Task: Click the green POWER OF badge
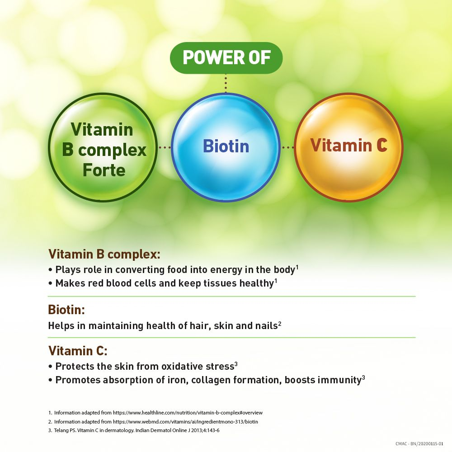pyautogui.click(x=226, y=58)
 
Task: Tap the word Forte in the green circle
pyautogui.click(x=104, y=170)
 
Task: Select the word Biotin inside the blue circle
pyautogui.click(x=226, y=146)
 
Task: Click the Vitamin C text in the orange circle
pyautogui.click(x=348, y=145)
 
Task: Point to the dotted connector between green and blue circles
pyautogui.click(x=165, y=147)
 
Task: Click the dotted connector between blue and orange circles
pyautogui.click(x=288, y=147)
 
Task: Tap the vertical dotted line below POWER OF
pyautogui.click(x=226, y=83)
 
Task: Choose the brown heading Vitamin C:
pyautogui.click(x=77, y=351)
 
